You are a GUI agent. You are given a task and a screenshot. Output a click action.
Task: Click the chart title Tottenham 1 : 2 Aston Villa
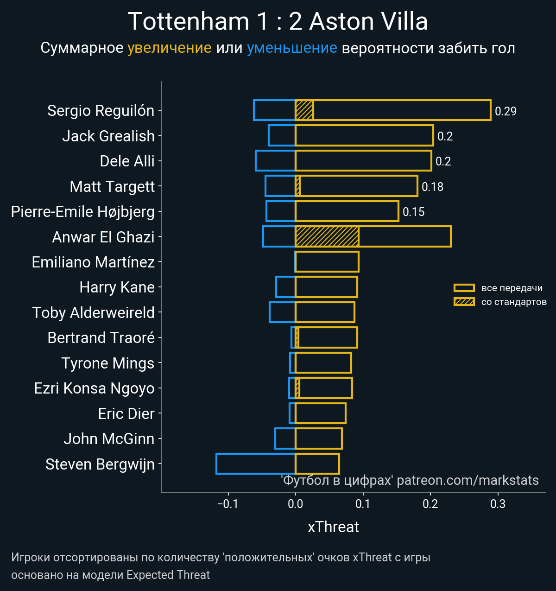point(278,22)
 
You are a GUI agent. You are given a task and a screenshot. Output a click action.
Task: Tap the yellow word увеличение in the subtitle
point(169,48)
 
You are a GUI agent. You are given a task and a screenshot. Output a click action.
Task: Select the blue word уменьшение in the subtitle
point(292,48)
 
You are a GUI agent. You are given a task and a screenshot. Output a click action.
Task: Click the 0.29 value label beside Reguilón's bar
point(505,111)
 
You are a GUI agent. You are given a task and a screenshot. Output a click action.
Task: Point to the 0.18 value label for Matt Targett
point(432,187)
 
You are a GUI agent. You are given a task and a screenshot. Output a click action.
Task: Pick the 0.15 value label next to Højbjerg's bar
point(413,212)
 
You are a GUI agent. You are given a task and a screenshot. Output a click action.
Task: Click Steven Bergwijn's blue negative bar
point(255,464)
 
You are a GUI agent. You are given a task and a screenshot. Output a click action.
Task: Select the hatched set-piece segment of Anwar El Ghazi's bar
point(327,236)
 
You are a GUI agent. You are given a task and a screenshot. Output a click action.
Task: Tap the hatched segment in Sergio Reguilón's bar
point(304,110)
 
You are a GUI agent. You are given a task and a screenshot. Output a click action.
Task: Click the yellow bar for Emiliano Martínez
point(327,261)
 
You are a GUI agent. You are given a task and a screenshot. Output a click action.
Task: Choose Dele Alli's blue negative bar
point(275,161)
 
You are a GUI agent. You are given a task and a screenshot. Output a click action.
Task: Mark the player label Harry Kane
point(117,287)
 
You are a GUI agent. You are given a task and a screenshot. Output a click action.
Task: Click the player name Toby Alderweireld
point(93,312)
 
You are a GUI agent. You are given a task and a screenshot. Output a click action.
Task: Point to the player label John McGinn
point(109,438)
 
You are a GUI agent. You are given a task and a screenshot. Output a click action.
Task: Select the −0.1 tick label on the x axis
point(227,504)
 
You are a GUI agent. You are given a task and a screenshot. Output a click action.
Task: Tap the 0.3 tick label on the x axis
point(498,504)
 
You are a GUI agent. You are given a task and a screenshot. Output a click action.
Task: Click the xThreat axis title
point(333,527)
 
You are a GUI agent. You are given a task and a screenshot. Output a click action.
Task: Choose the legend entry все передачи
point(512,288)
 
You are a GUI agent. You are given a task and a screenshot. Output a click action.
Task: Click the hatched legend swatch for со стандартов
point(464,302)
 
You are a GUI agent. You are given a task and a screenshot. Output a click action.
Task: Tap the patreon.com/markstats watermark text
point(468,480)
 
